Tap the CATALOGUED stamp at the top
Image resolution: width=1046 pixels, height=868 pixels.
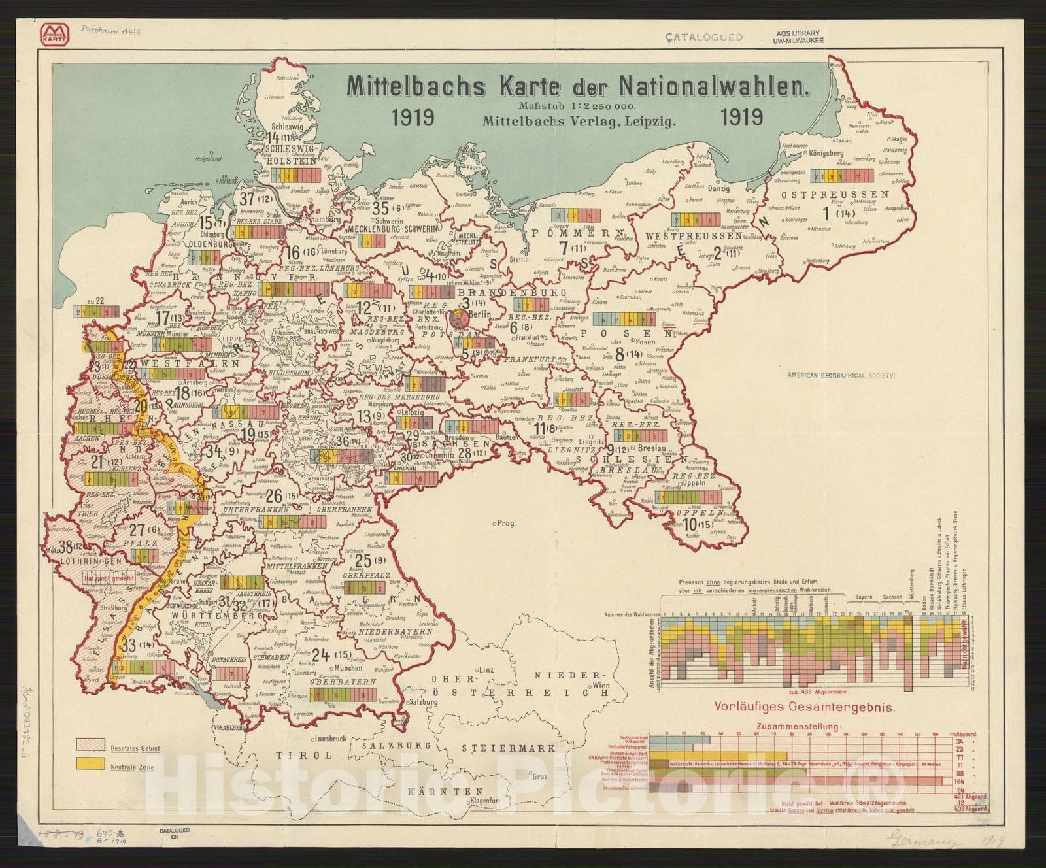click(x=703, y=37)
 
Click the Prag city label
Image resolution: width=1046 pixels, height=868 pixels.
click(x=505, y=523)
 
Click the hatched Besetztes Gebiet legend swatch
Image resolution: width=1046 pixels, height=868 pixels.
click(x=91, y=744)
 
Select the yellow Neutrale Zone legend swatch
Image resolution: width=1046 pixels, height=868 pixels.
click(x=91, y=763)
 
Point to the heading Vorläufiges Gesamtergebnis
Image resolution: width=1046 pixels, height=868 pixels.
click(x=804, y=707)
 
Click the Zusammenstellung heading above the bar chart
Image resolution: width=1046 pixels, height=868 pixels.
click(x=799, y=726)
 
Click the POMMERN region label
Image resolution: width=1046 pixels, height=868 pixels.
click(x=575, y=233)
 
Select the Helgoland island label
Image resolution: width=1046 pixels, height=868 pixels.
click(x=209, y=158)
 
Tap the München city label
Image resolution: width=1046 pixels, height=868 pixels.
click(x=347, y=668)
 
